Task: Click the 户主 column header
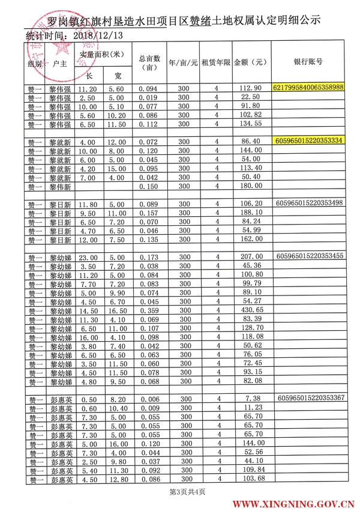click(x=60, y=62)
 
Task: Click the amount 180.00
click(x=250, y=187)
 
